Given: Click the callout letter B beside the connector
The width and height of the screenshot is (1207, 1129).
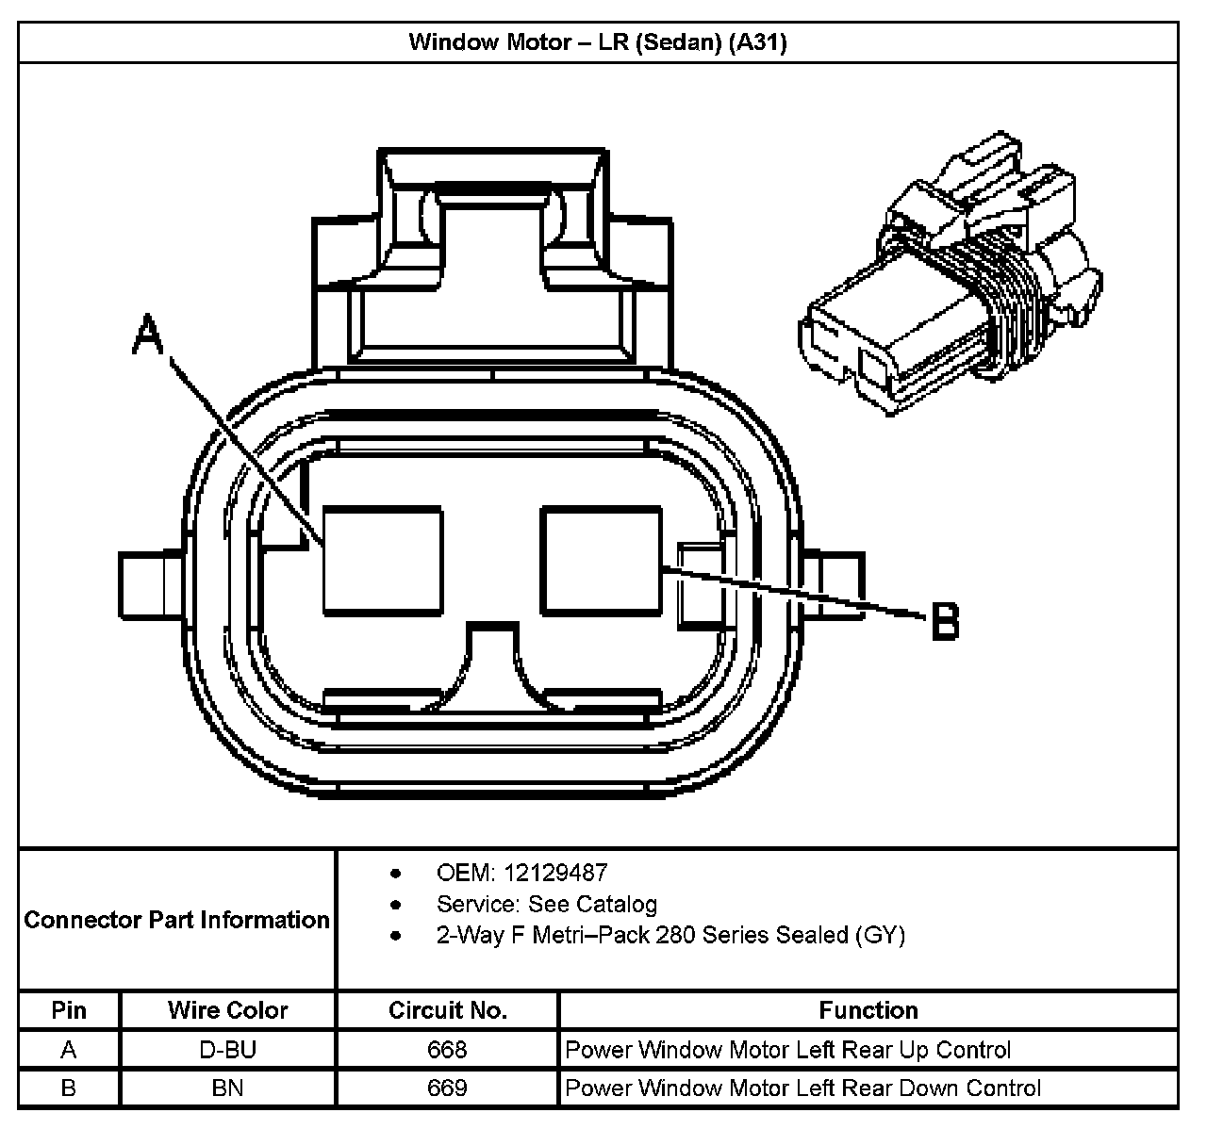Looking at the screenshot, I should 945,622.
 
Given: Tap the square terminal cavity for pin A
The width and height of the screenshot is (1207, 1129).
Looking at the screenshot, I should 382,560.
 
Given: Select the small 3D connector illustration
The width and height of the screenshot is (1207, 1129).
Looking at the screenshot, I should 951,277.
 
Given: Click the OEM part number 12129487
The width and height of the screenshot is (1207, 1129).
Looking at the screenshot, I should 555,873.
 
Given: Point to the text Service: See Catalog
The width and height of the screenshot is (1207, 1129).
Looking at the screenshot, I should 546,905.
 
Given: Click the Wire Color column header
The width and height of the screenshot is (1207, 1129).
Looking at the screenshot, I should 227,1010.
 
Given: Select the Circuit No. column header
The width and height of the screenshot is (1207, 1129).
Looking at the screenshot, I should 447,1010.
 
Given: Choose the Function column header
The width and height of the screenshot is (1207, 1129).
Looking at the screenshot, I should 868,1010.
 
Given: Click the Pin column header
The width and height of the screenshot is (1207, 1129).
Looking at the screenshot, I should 69,1010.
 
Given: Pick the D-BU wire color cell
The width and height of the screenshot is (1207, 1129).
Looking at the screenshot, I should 227,1050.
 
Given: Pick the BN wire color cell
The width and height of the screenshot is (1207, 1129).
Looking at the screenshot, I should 227,1088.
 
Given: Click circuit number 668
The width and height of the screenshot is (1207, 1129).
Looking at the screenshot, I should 447,1050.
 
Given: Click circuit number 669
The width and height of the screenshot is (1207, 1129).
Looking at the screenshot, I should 447,1088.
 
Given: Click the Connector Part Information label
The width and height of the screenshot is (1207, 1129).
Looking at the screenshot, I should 177,920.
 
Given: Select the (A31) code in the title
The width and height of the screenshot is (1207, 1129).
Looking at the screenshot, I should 758,42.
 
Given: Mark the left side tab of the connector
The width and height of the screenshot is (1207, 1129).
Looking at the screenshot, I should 150,583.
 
